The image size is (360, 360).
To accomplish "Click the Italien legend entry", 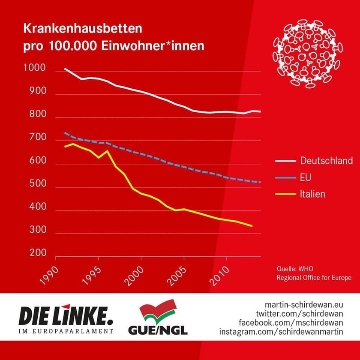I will pyautogui.click(x=312, y=194).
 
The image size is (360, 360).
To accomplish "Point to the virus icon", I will pyautogui.click(x=308, y=53).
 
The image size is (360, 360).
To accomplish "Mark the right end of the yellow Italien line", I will pyautogui.click(x=252, y=226).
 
